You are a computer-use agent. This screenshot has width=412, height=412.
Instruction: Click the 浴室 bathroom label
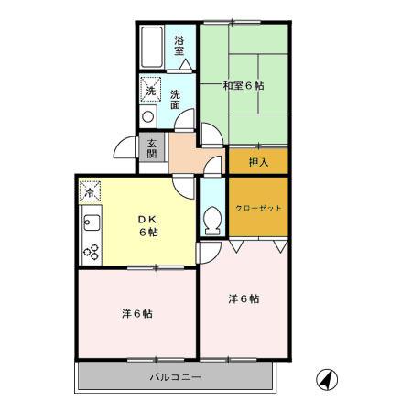point(180,44)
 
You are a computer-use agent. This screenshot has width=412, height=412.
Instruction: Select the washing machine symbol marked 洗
point(149,90)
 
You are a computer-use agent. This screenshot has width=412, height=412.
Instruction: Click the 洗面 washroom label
point(174,98)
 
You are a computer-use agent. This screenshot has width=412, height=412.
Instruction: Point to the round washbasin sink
point(146,117)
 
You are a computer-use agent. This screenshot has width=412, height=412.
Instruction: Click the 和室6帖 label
point(244,86)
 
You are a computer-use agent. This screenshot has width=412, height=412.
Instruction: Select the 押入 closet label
point(258,162)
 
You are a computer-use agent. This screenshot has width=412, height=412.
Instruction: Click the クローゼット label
point(257,207)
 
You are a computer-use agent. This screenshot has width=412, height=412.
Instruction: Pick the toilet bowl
point(211,220)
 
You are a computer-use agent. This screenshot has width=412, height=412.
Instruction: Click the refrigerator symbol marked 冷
point(90,191)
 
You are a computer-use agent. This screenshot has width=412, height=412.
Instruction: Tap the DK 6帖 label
point(148,226)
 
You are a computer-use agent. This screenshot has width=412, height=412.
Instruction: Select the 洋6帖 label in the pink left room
point(137,314)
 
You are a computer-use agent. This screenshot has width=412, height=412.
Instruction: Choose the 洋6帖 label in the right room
point(244,298)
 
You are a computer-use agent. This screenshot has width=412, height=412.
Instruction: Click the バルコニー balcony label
point(175,377)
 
